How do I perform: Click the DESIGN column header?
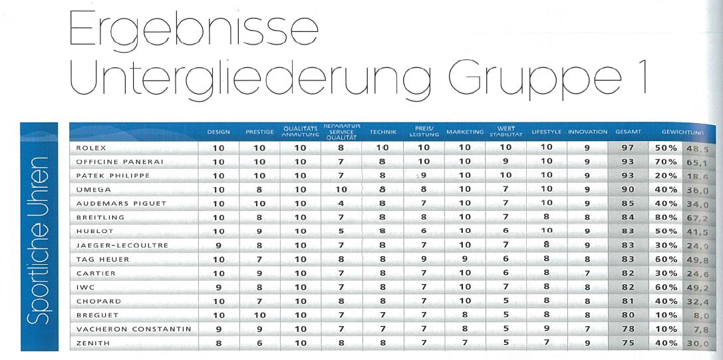[218, 132]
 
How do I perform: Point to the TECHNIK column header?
[382, 132]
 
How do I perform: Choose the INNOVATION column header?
[588, 132]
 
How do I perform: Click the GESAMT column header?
[628, 132]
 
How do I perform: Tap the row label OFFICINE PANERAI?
[120, 161]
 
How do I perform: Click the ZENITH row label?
[94, 343]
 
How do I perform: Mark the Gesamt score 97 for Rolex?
[628, 147]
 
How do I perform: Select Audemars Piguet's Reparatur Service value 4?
[340, 203]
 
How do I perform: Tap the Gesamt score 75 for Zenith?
[628, 343]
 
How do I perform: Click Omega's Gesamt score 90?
[628, 189]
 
